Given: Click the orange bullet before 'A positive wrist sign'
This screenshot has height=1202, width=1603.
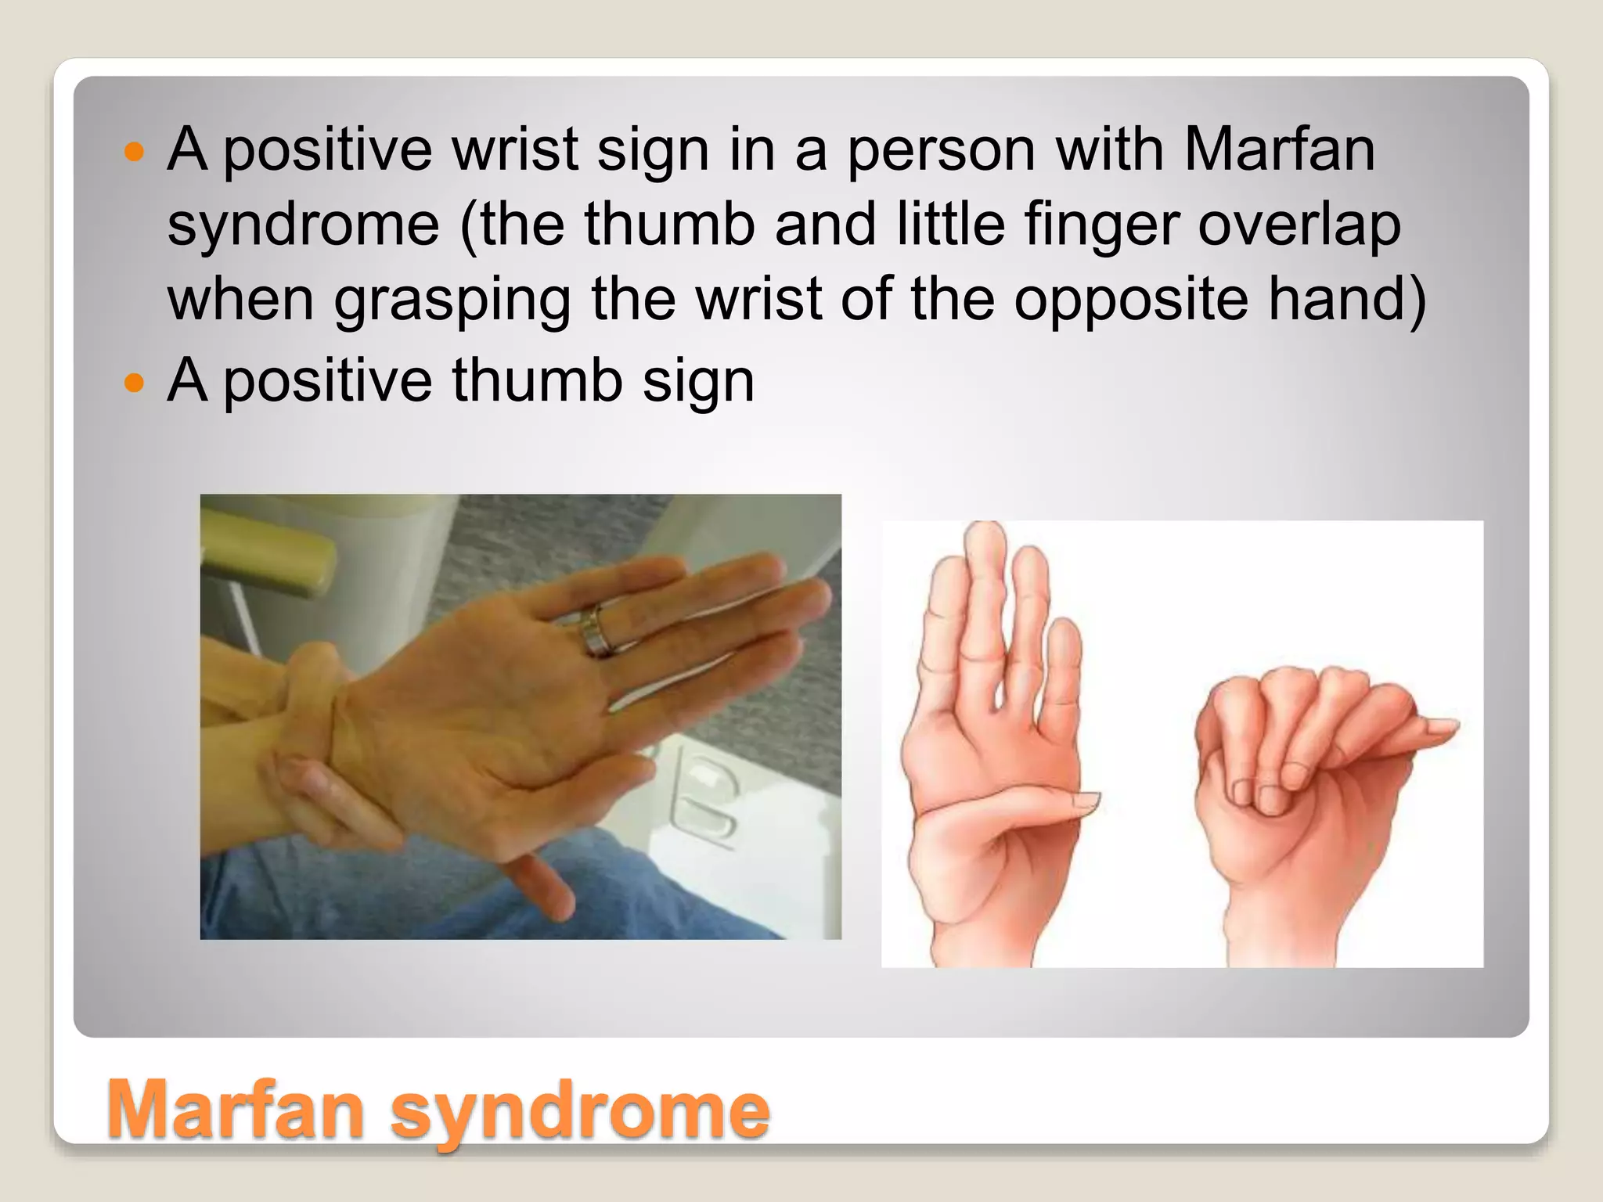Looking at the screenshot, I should pyautogui.click(x=135, y=151).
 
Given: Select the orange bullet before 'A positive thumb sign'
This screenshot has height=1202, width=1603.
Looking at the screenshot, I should pyautogui.click(x=135, y=383).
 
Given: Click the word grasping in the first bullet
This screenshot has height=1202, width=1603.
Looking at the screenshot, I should pyautogui.click(x=452, y=301).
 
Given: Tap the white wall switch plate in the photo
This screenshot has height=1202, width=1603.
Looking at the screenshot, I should pyautogui.click(x=704, y=798).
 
